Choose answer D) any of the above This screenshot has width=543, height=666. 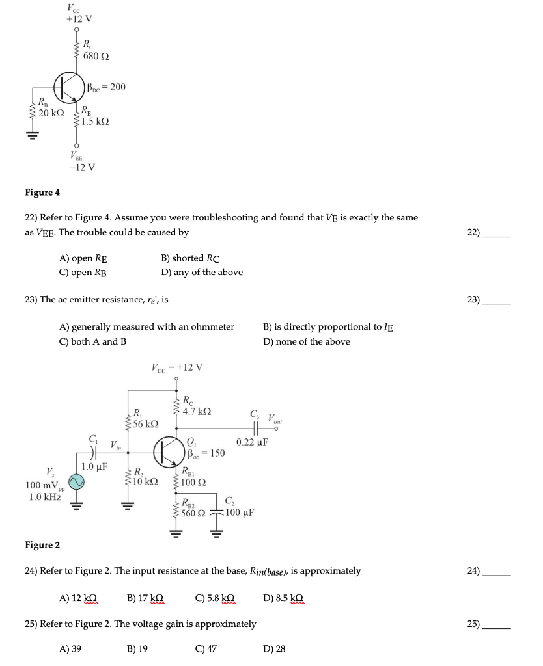202,273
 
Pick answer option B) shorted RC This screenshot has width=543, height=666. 191,258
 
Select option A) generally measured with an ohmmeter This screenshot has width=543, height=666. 146,326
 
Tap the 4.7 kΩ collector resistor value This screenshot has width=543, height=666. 197,411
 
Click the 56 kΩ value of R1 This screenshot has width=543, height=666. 145,423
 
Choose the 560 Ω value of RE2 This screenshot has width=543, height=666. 193,513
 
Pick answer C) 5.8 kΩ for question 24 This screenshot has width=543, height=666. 215,597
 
